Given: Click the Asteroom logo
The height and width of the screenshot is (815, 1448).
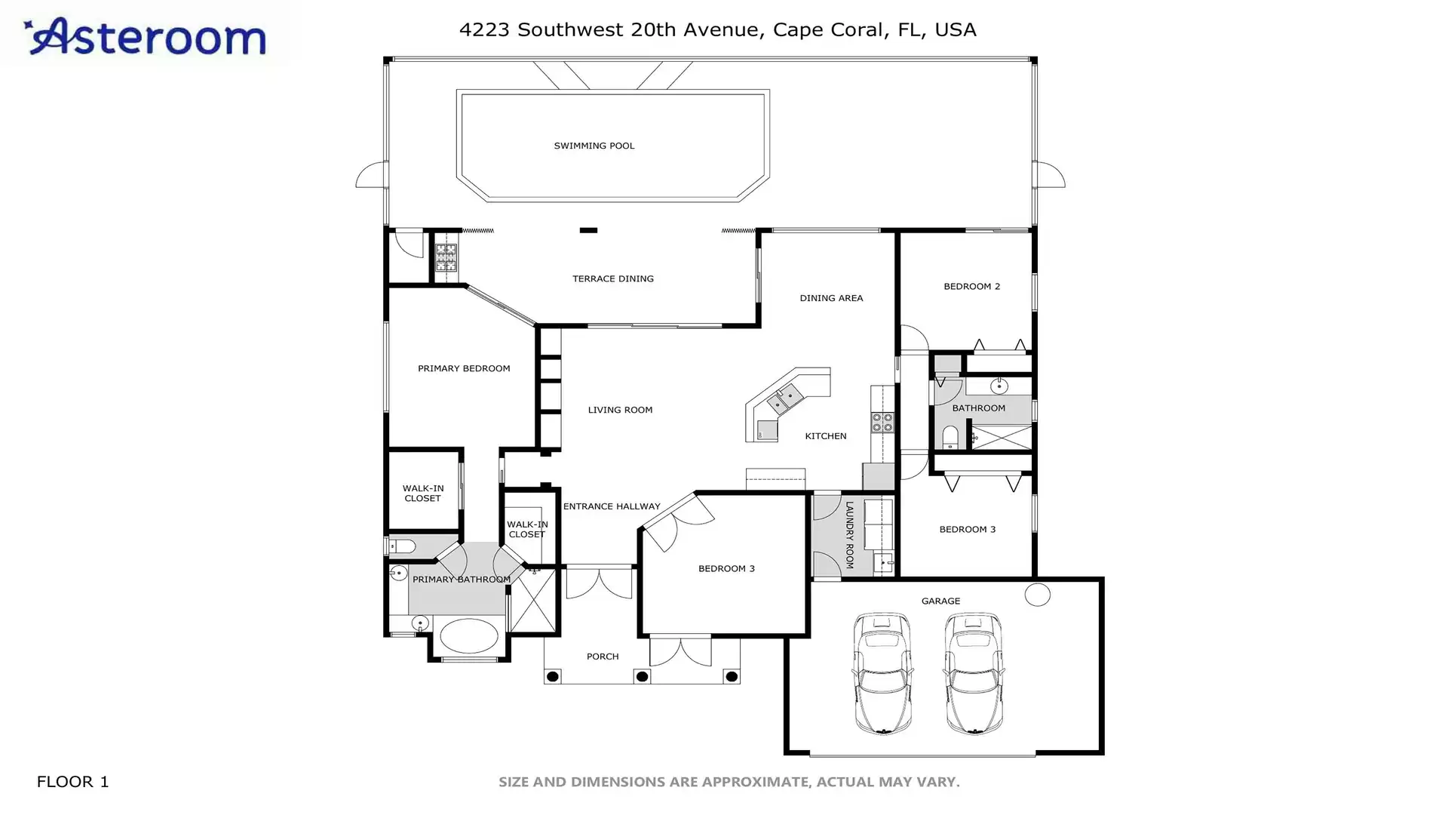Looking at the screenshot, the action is point(145,36).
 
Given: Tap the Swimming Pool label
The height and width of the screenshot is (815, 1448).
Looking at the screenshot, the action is point(594,146).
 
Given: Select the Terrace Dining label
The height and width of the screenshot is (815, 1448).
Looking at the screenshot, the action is point(613,278).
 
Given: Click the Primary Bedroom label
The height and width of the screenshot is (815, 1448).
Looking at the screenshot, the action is point(464,368).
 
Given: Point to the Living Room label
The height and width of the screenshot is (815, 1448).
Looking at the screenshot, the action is point(620,410).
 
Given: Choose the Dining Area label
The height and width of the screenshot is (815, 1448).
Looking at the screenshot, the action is point(831,298).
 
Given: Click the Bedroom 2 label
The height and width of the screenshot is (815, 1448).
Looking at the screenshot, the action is point(972,286).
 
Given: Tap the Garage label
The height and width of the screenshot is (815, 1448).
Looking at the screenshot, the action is point(940,601).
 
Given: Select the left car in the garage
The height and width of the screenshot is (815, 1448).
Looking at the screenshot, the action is point(882,673).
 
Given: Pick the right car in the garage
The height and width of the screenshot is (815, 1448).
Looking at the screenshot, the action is point(974,673).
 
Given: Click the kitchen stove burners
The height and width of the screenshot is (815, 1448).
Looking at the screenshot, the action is point(882,423).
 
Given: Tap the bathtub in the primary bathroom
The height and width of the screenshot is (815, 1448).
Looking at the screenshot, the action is point(469,636).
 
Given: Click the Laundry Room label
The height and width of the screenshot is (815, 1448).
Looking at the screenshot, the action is point(849,535).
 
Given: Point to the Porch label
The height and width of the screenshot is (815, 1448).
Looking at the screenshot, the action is point(603,657).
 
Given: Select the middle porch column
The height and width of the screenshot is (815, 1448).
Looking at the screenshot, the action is point(642,677).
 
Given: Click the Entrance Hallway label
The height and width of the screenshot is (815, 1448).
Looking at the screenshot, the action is point(612,506).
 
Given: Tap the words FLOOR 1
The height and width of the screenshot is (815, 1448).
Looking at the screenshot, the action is point(72,782).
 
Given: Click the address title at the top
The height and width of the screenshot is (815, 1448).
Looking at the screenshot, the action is point(717,29).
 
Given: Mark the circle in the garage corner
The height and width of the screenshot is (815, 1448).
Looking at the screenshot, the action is point(1038,595).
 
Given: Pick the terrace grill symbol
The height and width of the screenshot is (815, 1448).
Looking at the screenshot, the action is point(446,257).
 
